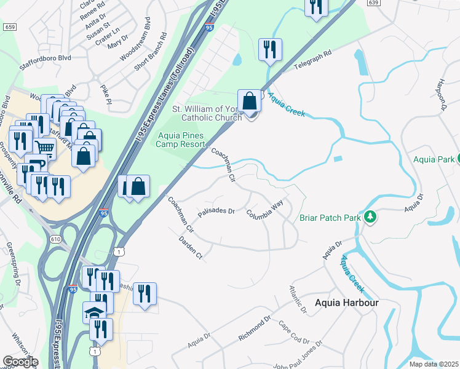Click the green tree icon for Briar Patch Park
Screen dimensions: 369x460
(x=370, y=217)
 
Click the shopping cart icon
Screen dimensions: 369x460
(x=44, y=147)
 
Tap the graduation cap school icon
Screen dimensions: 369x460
(x=95, y=312)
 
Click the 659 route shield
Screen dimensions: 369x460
(x=9, y=27)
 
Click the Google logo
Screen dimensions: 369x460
(x=21, y=361)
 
